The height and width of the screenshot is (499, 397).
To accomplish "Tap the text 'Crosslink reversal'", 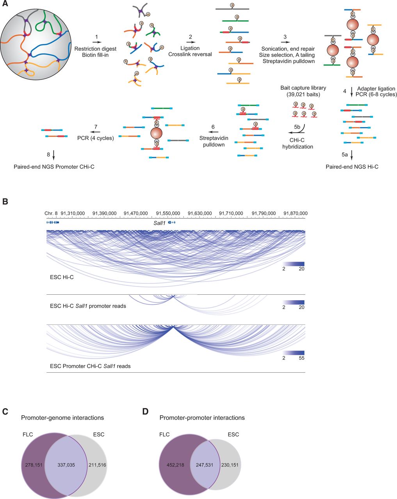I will click(190, 54).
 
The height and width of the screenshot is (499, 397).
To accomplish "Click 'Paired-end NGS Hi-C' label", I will click(352, 167).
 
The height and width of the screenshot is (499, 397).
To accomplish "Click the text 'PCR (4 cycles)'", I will click(96, 138).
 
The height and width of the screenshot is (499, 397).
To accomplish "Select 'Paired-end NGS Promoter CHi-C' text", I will click(52, 167).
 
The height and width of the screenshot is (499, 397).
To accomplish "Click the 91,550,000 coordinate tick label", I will click(168, 213).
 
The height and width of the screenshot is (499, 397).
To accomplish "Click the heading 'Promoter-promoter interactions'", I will click(202, 418).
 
